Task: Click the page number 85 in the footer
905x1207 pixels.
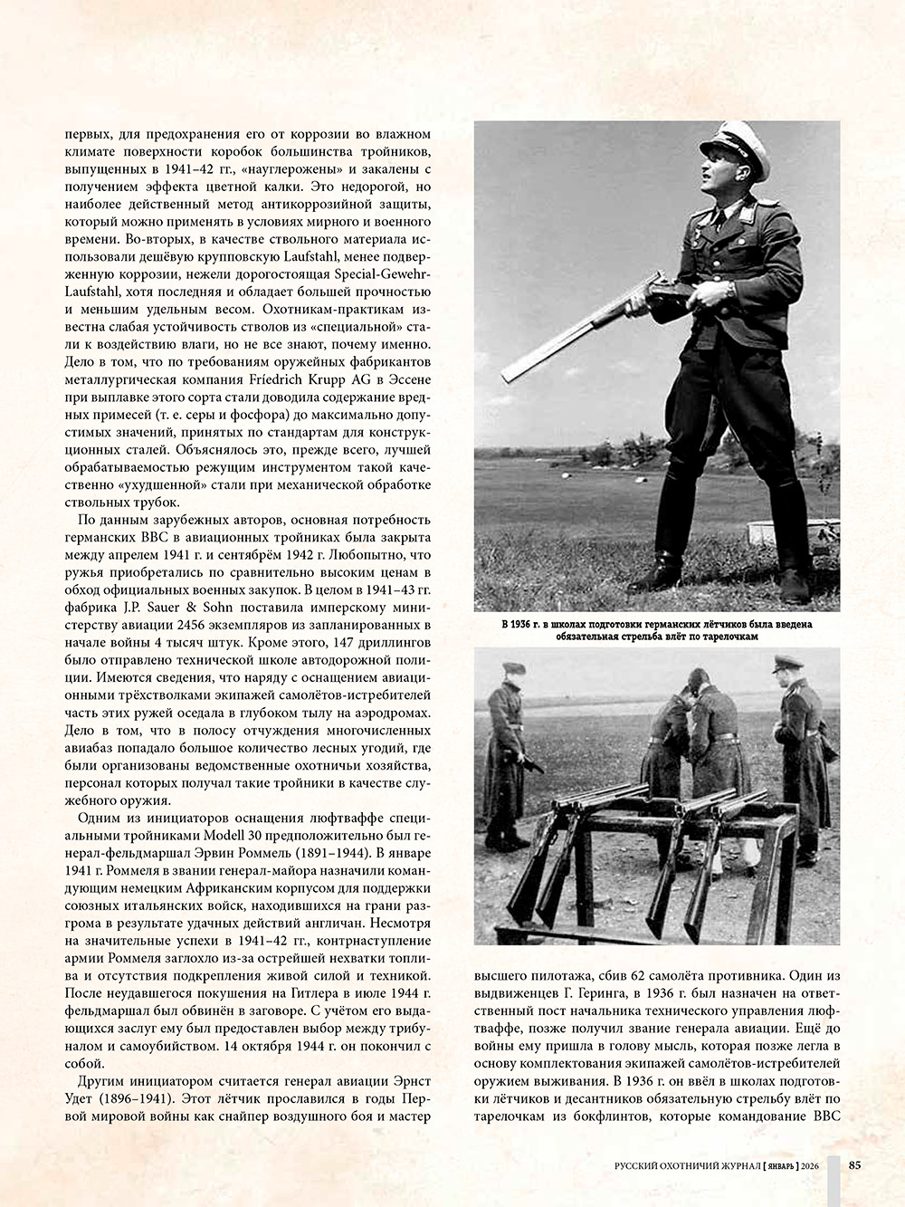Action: pos(854,1164)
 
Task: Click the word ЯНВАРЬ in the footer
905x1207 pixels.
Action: pos(779,1165)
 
